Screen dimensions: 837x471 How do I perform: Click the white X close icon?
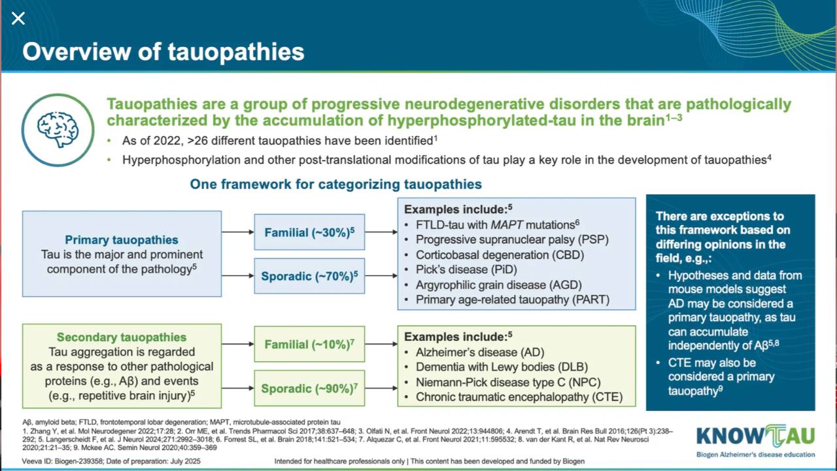click(18, 18)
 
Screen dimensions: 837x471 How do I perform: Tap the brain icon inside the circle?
click(58, 130)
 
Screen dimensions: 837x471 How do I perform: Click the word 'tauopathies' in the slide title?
click(236, 51)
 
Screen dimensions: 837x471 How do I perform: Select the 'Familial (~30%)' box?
click(309, 232)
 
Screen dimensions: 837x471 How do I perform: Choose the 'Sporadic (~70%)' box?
click(309, 276)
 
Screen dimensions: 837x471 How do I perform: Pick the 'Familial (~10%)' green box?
click(309, 344)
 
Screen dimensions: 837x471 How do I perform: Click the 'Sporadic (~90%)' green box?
click(309, 388)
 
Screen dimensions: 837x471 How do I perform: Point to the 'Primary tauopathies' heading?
click(122, 239)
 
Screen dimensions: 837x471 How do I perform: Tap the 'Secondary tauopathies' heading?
click(122, 337)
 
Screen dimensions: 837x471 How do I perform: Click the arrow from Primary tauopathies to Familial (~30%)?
click(237, 232)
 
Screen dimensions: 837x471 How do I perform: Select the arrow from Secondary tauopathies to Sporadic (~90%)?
click(237, 388)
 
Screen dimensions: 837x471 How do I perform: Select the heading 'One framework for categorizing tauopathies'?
click(336, 184)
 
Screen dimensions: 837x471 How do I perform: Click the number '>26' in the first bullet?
click(197, 141)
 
